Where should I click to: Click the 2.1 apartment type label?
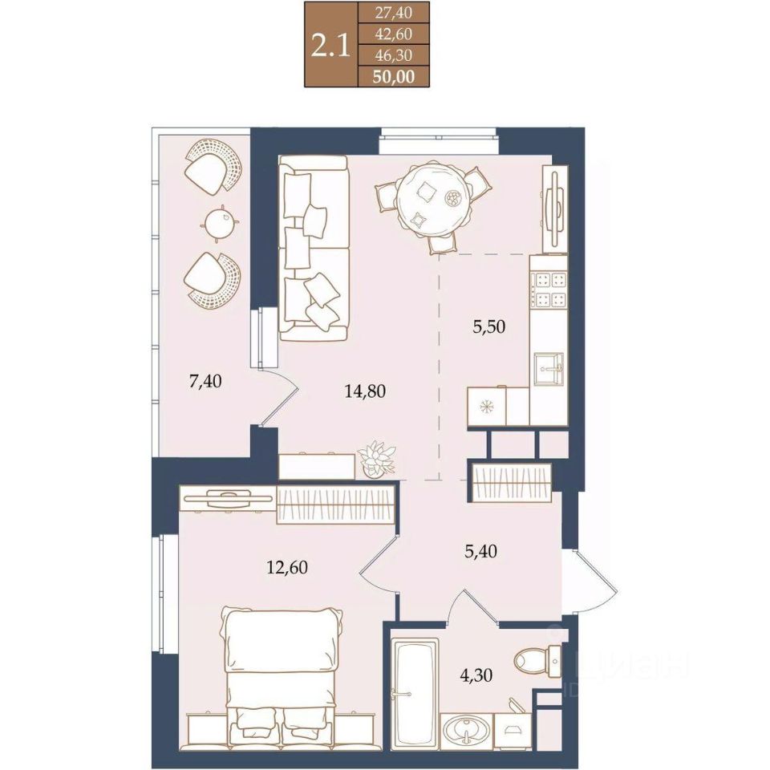pyautogui.click(x=330, y=46)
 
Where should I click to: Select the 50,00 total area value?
pyautogui.click(x=393, y=77)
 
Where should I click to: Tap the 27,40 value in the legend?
pyautogui.click(x=393, y=12)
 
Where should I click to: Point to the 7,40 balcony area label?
pyautogui.click(x=205, y=380)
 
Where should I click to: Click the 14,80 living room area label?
pyautogui.click(x=365, y=391)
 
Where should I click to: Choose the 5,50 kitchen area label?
pyautogui.click(x=488, y=326)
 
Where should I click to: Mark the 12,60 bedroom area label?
pyautogui.click(x=287, y=567)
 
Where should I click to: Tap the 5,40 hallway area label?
pyautogui.click(x=480, y=551)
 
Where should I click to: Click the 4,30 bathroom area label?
pyautogui.click(x=476, y=675)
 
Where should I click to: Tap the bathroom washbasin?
pyautogui.click(x=466, y=731)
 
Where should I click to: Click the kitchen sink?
pyautogui.click(x=549, y=369)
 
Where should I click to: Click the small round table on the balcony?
pyautogui.click(x=220, y=224)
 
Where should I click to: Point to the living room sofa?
pyautogui.click(x=314, y=248)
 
